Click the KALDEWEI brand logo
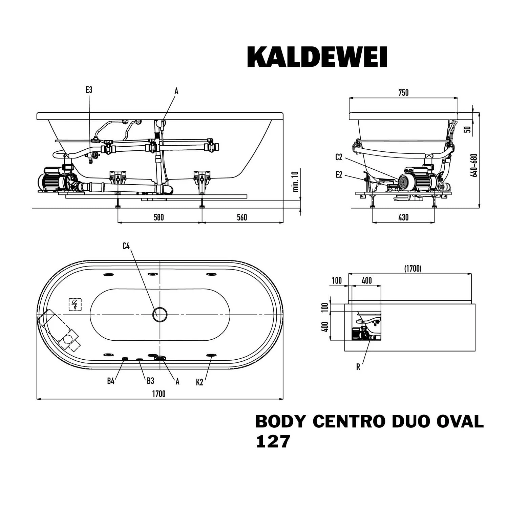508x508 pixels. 317,57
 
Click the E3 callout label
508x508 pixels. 89,90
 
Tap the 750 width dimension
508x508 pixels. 403,93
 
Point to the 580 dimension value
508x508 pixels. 158,217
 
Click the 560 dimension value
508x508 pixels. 242,217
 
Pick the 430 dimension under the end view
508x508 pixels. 403,217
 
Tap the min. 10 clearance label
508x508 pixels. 295,182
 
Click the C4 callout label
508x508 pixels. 126,246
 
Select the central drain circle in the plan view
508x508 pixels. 160,315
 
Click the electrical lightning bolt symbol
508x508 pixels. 75,304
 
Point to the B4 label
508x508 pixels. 111,381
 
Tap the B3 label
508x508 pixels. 150,381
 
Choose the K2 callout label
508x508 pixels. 199,382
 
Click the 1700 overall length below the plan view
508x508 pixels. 159,394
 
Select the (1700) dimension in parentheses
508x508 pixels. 412,269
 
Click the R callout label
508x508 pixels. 358,367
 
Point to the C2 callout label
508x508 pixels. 339,157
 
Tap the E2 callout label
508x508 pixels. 339,175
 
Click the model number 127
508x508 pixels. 273,442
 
